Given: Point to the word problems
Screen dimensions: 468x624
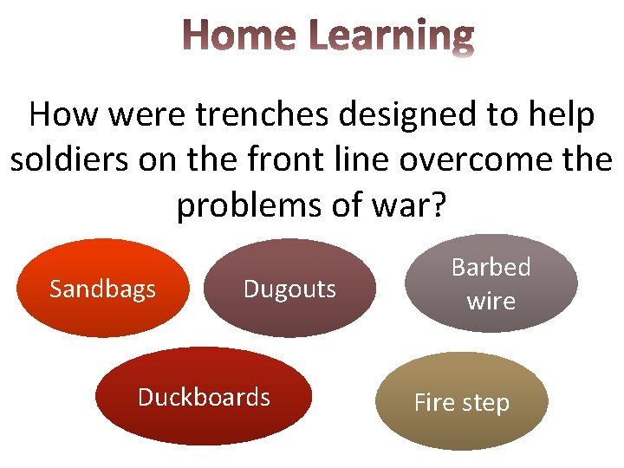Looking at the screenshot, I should tap(244, 206).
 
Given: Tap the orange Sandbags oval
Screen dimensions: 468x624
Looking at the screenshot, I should tap(102, 288).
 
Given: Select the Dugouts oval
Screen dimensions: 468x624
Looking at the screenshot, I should tap(289, 289).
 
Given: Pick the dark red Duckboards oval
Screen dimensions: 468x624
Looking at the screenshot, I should tap(204, 397).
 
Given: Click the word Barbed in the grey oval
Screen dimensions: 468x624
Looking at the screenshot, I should tap(491, 267).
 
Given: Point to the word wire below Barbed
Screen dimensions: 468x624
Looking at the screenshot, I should tap(491, 301).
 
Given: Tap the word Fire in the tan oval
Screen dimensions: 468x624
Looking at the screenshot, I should tap(437, 403).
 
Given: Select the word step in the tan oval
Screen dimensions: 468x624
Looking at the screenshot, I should tap(488, 404).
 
